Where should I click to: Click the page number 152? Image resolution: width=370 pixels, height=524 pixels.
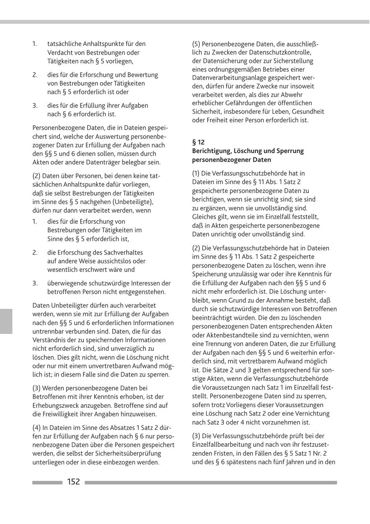pos(74,482)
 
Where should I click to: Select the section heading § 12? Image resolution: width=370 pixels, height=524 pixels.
pos(198,142)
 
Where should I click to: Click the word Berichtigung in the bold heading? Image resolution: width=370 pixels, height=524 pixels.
pos(212,151)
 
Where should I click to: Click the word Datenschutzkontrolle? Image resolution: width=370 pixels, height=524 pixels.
pos(280,52)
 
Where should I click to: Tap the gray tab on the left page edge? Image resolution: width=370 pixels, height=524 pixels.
pos(6,321)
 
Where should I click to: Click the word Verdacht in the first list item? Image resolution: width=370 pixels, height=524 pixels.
pos(60,53)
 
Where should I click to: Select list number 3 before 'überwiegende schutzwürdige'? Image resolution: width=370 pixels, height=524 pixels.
pos(35,283)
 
